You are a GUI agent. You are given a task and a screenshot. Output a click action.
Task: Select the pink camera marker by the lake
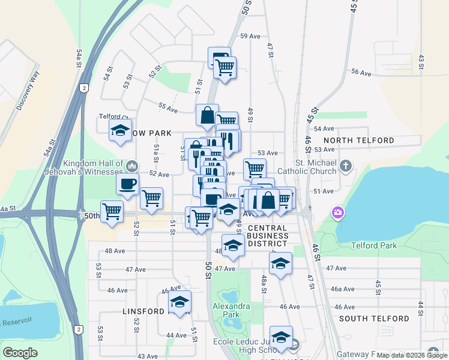(338, 212)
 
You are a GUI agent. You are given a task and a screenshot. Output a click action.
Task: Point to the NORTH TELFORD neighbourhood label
(358, 140)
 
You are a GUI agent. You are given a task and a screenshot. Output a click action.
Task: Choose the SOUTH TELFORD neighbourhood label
(375, 319)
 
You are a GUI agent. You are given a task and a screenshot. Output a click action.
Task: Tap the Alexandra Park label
(231, 310)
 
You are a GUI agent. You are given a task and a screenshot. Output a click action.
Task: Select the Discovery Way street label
(27, 91)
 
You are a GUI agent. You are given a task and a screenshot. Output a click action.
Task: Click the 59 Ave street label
(249, 36)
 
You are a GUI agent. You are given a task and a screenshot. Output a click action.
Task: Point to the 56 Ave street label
(361, 72)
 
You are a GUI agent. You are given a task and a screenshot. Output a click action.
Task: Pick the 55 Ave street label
(167, 109)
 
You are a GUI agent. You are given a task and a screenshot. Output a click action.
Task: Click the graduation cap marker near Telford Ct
(120, 130)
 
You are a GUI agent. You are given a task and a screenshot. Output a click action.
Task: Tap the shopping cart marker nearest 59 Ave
(224, 67)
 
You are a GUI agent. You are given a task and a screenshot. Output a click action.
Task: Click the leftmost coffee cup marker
(127, 184)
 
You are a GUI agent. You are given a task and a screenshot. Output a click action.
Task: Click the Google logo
(20, 353)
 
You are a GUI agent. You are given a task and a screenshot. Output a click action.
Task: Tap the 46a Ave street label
(343, 289)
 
